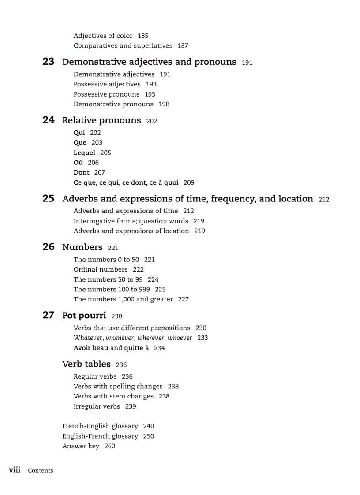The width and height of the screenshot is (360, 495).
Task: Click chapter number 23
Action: point(48,62)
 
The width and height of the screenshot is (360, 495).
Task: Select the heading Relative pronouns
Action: point(101,120)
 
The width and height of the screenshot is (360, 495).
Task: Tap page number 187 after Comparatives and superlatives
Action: point(183,46)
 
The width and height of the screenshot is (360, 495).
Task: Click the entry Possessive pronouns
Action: point(106,94)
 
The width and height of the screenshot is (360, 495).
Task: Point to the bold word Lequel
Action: point(84,153)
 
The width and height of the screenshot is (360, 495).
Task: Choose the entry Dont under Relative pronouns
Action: point(81,173)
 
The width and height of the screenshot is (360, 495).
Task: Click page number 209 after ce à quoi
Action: point(189,182)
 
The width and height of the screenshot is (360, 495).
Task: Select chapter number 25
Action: point(48,199)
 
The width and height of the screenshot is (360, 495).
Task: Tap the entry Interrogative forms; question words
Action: point(131,221)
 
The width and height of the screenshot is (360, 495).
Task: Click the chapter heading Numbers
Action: point(82,247)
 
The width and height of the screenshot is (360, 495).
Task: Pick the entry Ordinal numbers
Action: point(101,270)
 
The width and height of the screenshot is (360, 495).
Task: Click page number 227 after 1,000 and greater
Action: point(183,299)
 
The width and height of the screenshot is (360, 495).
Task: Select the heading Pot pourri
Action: point(84,316)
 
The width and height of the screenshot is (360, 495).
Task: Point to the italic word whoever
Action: point(180,338)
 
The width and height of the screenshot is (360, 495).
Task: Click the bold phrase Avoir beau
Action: point(91,348)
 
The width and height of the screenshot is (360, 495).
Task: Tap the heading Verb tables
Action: point(86,364)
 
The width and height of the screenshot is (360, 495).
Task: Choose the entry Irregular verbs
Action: point(97,406)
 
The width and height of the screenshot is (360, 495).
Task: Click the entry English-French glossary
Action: point(100,436)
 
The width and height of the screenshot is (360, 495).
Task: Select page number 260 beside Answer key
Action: point(109,446)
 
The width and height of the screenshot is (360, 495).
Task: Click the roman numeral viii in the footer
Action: point(15,470)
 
